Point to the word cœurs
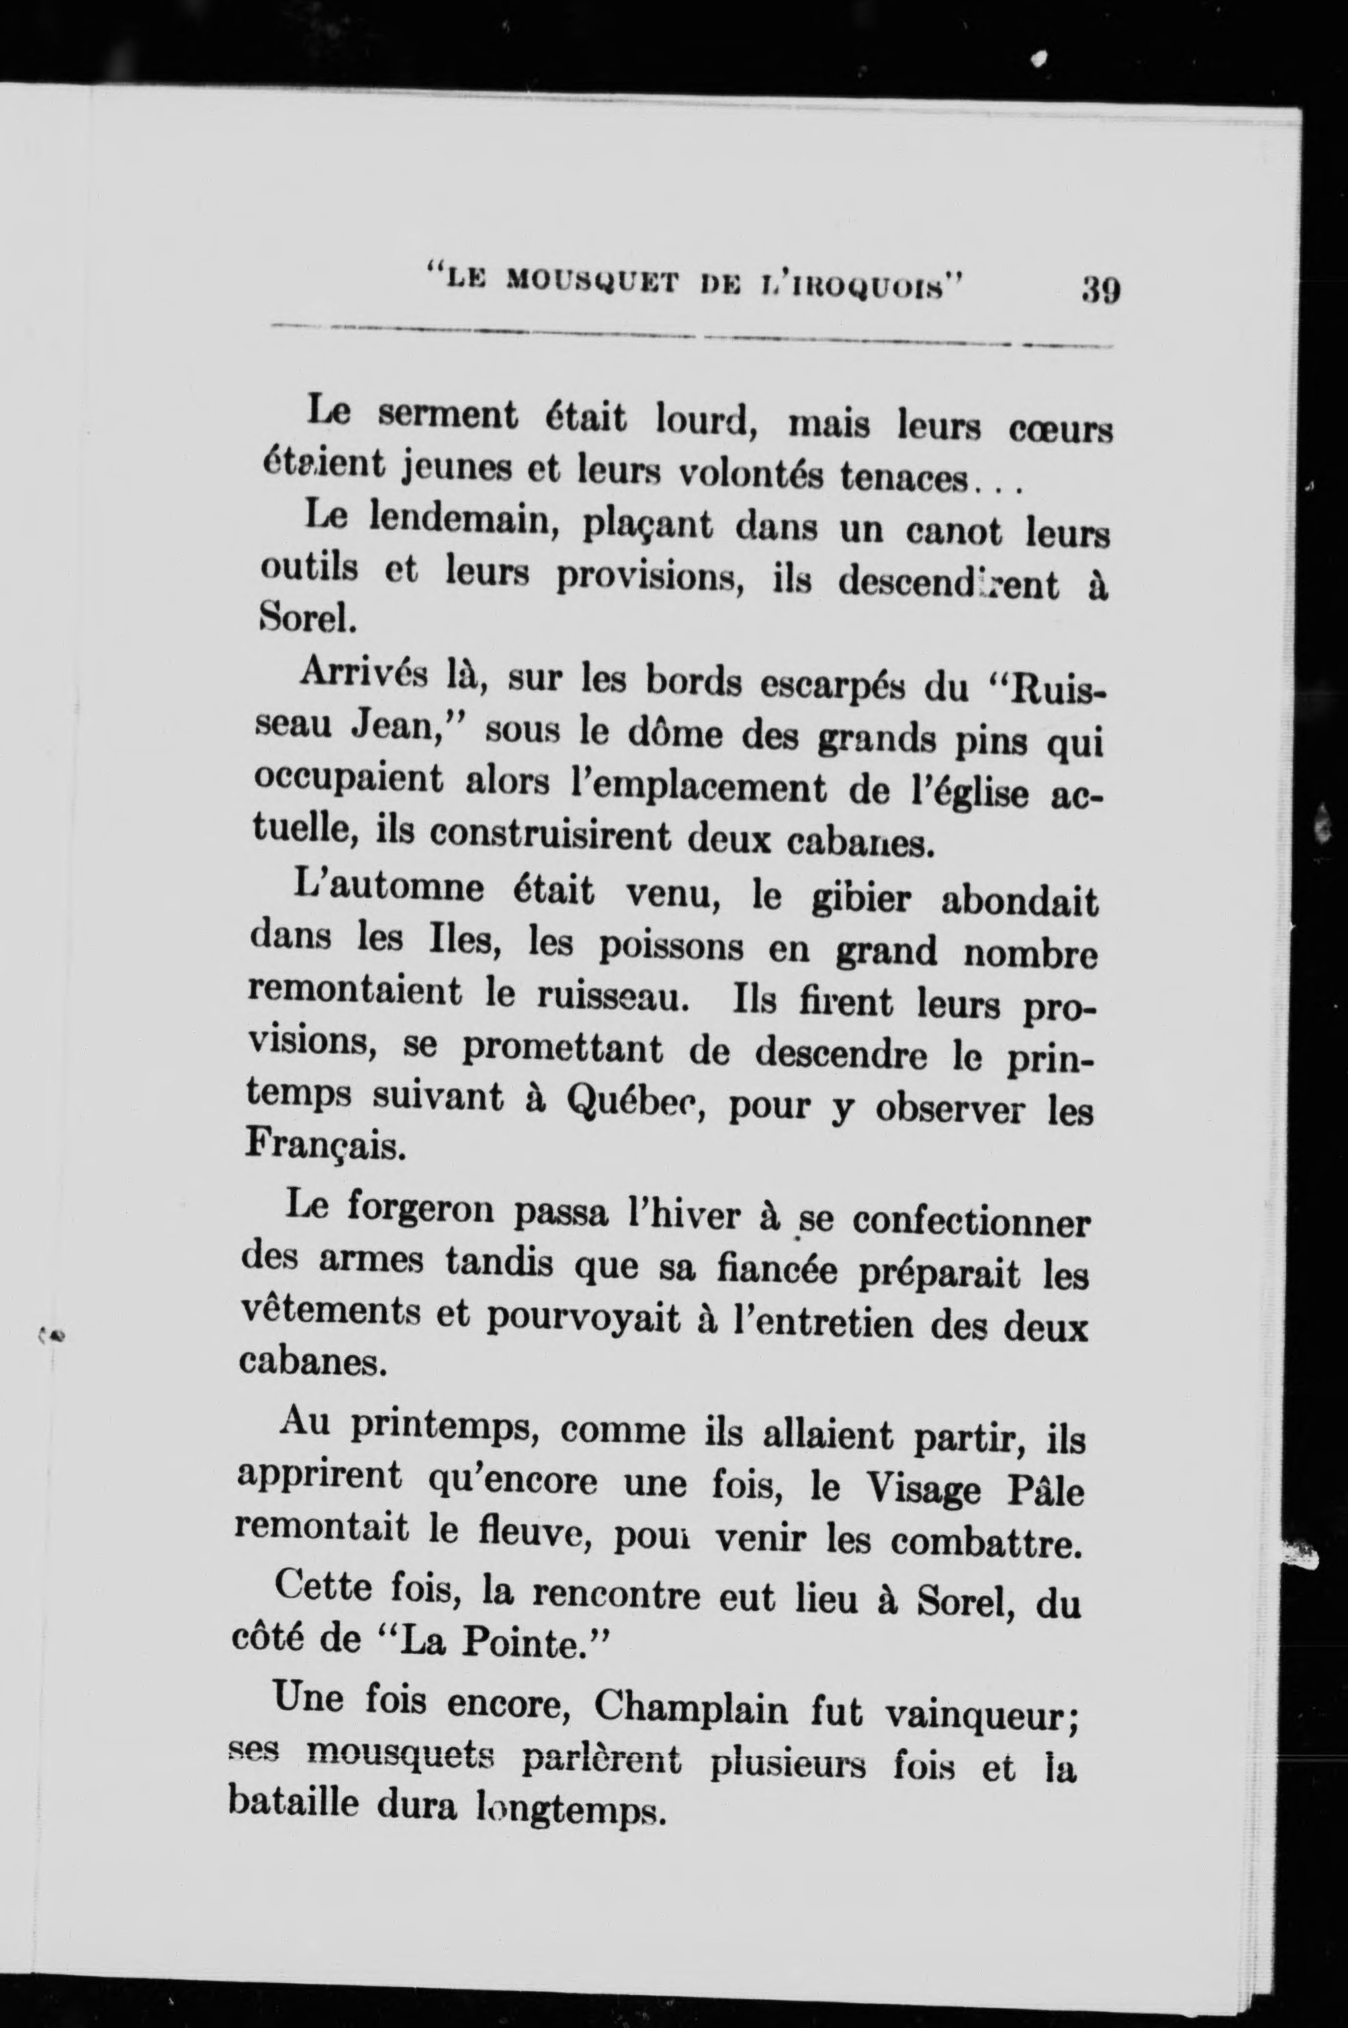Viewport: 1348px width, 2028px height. (1059, 428)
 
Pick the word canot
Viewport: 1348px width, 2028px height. (954, 532)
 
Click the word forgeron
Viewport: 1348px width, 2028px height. (420, 1212)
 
